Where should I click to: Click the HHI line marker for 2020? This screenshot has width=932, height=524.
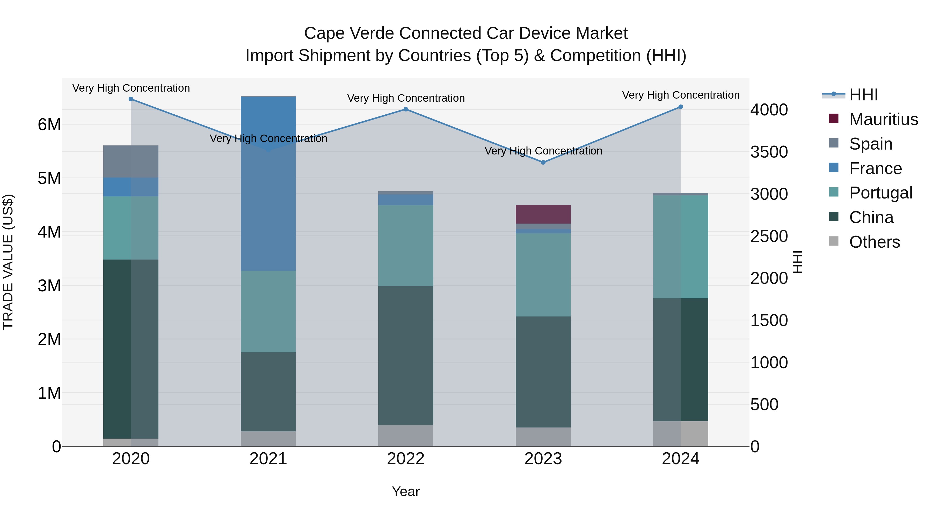[x=131, y=99]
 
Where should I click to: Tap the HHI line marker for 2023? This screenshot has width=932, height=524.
[x=543, y=162]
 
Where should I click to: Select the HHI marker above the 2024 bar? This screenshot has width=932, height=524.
[x=681, y=107]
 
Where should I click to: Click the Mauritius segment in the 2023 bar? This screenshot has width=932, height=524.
[x=543, y=214]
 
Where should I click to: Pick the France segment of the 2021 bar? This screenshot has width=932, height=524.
[x=268, y=183]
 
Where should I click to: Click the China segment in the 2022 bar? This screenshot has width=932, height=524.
[x=406, y=356]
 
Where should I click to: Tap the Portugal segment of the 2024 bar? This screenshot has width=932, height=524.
[x=681, y=247]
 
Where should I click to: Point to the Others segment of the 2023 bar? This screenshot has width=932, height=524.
[x=543, y=437]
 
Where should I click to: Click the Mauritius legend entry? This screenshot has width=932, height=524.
[x=883, y=119]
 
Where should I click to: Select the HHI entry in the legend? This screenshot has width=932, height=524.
[x=863, y=95]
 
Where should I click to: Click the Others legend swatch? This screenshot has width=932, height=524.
[x=834, y=241]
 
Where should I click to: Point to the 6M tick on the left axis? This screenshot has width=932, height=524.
[x=49, y=125]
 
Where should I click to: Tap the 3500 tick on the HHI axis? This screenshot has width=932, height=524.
[x=769, y=152]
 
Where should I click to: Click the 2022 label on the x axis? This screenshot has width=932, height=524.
[x=406, y=459]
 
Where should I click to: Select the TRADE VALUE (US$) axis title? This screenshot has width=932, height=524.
[x=8, y=262]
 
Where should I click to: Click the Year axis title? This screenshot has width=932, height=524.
[x=406, y=491]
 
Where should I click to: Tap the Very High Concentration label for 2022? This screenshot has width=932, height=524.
[x=406, y=98]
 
